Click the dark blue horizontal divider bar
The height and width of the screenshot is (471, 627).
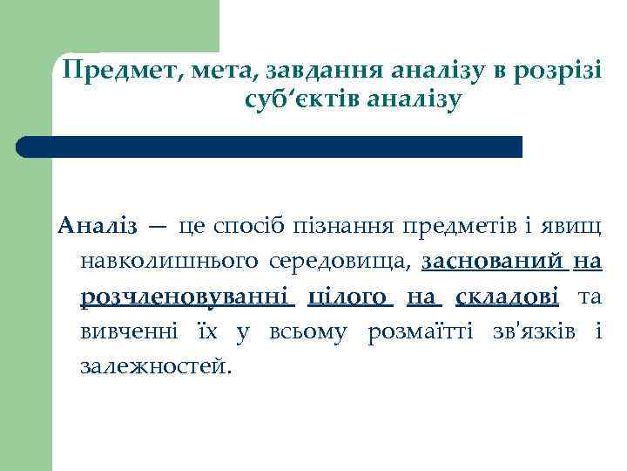coord(270,147)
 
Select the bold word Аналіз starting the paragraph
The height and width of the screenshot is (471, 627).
coord(98,228)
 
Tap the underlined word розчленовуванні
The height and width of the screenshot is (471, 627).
coord(187,297)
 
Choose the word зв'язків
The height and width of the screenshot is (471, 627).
coord(522,331)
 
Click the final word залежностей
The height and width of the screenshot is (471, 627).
coord(156,366)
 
